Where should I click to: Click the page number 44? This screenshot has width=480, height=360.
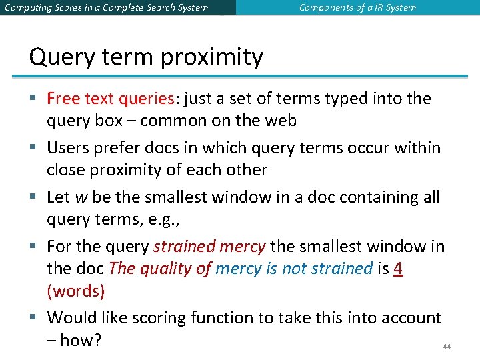pos(447,347)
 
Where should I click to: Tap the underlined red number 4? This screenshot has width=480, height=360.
pos(399,269)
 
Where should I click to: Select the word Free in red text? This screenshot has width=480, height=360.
pos(63,99)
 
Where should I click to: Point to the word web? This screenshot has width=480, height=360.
pos(281,121)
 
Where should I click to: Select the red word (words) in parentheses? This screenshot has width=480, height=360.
pos(75,291)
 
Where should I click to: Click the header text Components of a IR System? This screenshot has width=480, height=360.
pos(357,8)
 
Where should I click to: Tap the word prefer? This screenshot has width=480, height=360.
pos(115,147)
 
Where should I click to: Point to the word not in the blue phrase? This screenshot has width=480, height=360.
pos(295,269)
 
